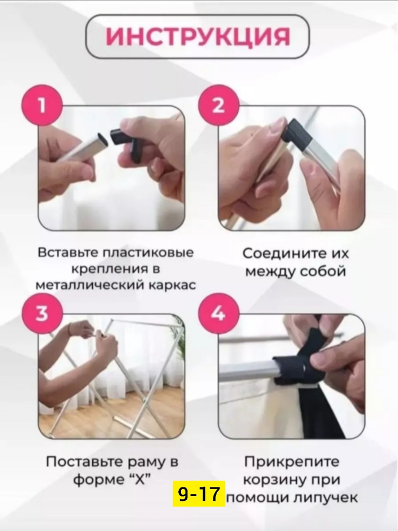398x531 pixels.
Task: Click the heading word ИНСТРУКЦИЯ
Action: click(197, 37)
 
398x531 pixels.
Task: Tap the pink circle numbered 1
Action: click(41, 106)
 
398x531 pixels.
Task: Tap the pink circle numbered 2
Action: click(218, 106)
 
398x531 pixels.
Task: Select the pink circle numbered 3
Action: click(41, 313)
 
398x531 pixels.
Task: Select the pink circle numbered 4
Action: click(218, 313)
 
